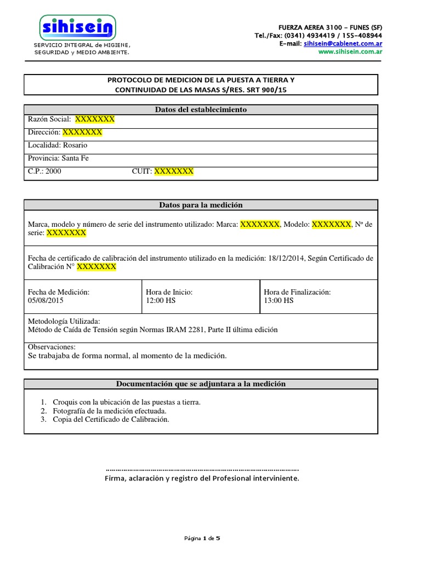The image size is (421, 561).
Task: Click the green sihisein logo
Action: pyautogui.click(x=77, y=27)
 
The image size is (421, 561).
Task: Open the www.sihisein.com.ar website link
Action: pyautogui.click(x=350, y=51)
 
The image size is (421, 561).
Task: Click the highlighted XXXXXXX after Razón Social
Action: pyautogui.click(x=95, y=119)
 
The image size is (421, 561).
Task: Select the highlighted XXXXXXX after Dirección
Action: pyautogui.click(x=82, y=132)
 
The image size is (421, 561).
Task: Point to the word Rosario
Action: pyautogui.click(x=75, y=145)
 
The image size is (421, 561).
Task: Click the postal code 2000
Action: pyautogui.click(x=53, y=171)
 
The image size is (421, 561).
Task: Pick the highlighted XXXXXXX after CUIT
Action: pyautogui.click(x=174, y=171)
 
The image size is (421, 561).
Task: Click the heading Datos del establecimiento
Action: pyautogui.click(x=201, y=110)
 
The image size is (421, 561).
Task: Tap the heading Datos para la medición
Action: pyautogui.click(x=201, y=205)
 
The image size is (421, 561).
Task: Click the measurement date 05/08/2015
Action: pyautogui.click(x=45, y=301)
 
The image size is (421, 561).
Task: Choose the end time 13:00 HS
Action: pyautogui.click(x=278, y=301)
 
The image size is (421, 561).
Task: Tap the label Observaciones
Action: pyautogui.click(x=52, y=347)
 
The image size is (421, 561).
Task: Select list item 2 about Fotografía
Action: pyautogui.click(x=109, y=411)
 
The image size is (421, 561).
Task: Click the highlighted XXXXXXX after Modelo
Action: pyautogui.click(x=331, y=224)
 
